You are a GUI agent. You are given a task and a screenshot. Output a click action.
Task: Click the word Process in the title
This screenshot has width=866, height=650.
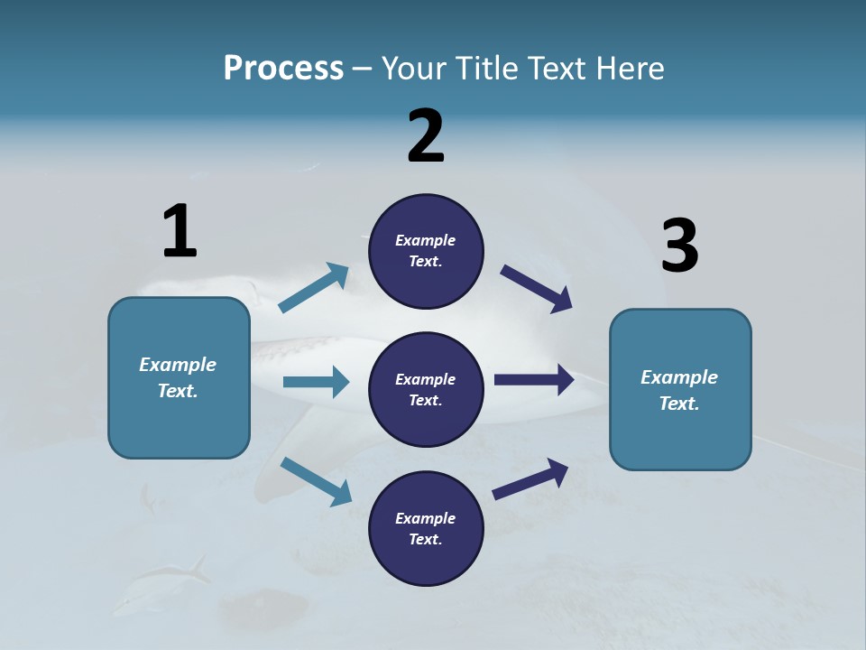pyautogui.click(x=283, y=69)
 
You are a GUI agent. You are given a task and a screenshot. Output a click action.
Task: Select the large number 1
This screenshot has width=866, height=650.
pyautogui.click(x=180, y=231)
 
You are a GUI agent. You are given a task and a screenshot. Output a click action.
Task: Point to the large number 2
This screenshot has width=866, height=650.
pyautogui.click(x=426, y=135)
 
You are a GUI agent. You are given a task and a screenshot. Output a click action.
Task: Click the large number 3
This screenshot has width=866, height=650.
pyautogui.click(x=679, y=246)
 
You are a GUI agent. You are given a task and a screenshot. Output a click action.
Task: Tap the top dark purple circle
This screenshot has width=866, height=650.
pyautogui.click(x=426, y=251)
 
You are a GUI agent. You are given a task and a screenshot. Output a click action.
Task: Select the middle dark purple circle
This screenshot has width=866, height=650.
pyautogui.click(x=426, y=390)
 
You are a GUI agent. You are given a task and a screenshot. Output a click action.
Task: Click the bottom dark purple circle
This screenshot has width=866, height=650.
pyautogui.click(x=426, y=529)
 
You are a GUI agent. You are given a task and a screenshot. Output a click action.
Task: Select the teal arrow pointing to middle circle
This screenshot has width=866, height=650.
pyautogui.click(x=316, y=382)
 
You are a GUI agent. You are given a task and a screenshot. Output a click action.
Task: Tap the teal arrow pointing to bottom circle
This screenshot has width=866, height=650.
pyautogui.click(x=317, y=481)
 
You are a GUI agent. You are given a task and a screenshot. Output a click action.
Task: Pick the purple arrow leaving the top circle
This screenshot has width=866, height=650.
pyautogui.click(x=537, y=289)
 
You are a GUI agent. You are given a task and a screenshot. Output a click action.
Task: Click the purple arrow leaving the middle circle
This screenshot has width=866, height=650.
pyautogui.click(x=534, y=380)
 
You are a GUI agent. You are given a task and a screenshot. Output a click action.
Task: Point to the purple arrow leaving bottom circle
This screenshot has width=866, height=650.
pyautogui.click(x=530, y=478)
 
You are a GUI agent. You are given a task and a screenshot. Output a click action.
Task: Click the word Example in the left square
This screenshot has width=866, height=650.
pyautogui.click(x=178, y=365)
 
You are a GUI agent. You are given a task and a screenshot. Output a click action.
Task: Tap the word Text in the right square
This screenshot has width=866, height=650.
pyautogui.click(x=679, y=404)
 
